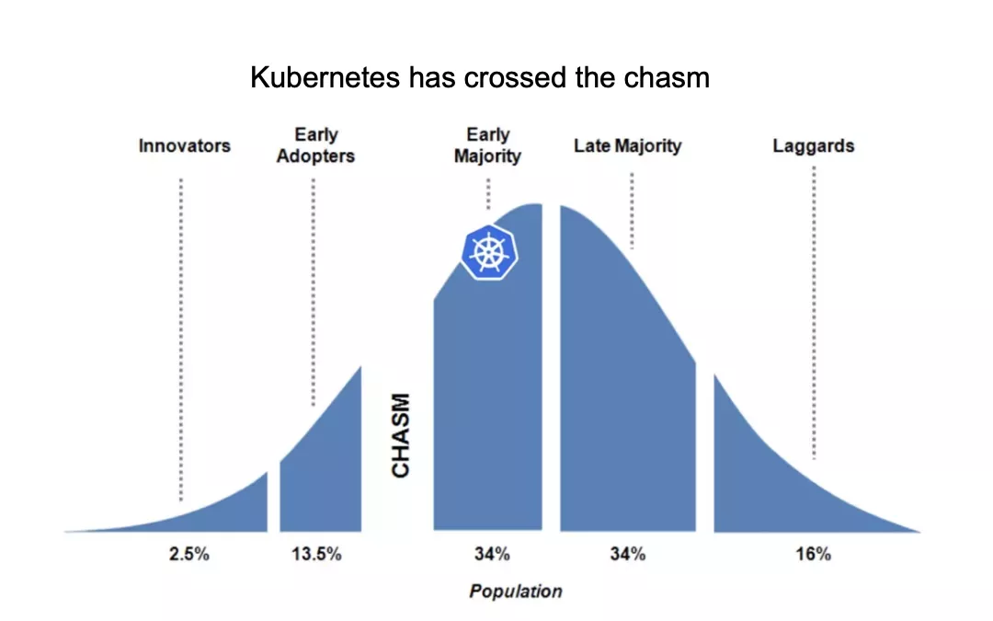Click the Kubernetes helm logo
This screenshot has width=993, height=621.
[489, 252]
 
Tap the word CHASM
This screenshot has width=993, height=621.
[401, 435]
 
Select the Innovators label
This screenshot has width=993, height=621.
[184, 145]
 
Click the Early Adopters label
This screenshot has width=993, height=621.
[315, 145]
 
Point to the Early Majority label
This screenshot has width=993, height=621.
[487, 145]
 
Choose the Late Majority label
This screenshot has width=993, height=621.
[628, 145]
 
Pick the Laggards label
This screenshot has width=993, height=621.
[813, 145]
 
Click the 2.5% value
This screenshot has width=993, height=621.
[188, 554]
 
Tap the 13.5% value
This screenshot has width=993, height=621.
[316, 554]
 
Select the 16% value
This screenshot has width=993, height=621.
[813, 554]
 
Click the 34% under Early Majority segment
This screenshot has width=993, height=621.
[492, 554]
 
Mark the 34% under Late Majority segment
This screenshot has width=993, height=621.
[628, 554]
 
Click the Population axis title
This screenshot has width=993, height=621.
[516, 592]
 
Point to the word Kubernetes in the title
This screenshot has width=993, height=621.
[325, 77]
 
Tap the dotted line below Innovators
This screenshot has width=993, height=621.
[181, 339]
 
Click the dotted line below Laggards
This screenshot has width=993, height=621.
[814, 313]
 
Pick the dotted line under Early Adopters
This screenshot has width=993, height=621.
[314, 293]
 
